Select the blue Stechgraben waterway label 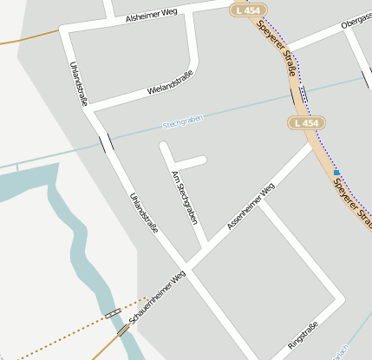(182, 121)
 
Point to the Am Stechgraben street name (186, 198)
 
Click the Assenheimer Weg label (251, 206)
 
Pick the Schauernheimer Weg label (158, 299)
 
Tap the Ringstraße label (303, 337)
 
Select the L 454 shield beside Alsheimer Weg (249, 10)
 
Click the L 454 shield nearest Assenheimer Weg (307, 124)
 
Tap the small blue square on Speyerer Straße (336, 173)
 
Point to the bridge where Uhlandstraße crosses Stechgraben (106, 142)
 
